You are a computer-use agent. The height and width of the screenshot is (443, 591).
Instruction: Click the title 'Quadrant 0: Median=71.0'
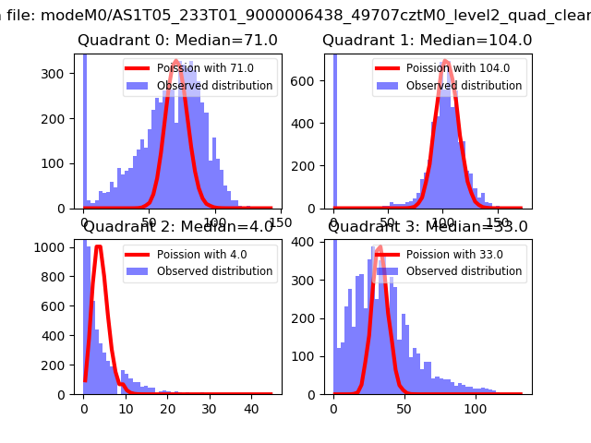177,41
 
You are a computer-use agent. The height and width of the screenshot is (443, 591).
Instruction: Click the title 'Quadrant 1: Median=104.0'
427,41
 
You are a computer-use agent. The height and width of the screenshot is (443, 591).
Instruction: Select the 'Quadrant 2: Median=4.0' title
178,226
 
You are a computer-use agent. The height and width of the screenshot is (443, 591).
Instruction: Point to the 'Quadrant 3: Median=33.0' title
428,226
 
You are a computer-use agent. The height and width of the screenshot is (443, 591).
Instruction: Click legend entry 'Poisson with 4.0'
204,254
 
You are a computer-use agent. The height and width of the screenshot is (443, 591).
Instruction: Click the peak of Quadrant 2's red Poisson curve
99,246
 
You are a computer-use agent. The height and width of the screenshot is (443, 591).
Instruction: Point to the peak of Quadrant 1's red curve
446,61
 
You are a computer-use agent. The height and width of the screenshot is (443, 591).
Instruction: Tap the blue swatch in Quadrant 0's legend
139,86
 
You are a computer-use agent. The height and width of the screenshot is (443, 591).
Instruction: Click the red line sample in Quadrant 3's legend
389,254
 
